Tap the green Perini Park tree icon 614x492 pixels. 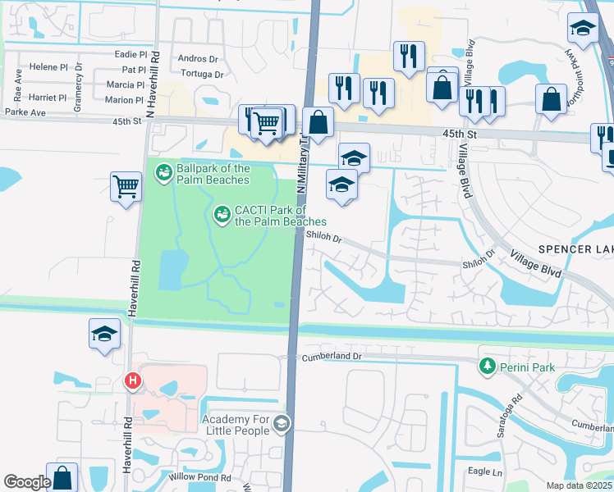[488, 365]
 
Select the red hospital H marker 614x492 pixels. [131, 380]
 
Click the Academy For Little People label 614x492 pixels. [236, 425]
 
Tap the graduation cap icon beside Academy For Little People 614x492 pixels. [281, 423]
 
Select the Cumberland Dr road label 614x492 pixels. [332, 357]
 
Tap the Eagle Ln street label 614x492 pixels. [483, 471]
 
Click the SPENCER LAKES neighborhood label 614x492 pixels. [575, 249]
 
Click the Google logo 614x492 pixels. [27, 482]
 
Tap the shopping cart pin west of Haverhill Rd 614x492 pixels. [126, 187]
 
